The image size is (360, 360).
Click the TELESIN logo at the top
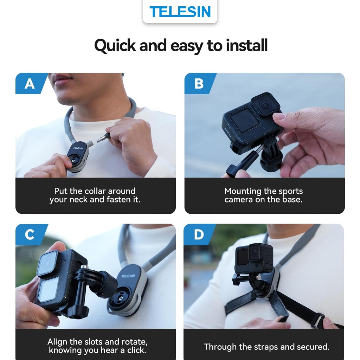click(x=180, y=12)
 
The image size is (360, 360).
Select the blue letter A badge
click(x=31, y=84)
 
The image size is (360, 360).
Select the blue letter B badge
click(x=200, y=84)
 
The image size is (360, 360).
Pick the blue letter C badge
click(x=31, y=234)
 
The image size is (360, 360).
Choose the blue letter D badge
click(x=199, y=234)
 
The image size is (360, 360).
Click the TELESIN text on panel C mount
click(x=128, y=276)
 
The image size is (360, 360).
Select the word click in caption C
click(x=136, y=351)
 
